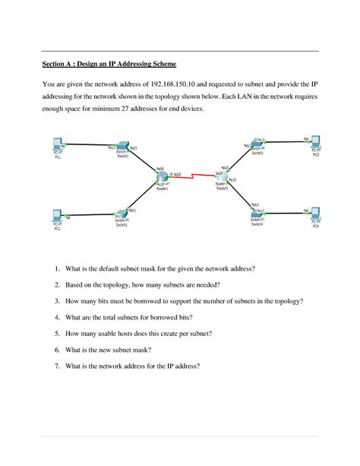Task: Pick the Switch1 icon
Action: [122, 151]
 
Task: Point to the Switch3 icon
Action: [257, 146]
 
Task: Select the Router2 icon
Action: [222, 177]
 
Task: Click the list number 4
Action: [57, 317]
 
